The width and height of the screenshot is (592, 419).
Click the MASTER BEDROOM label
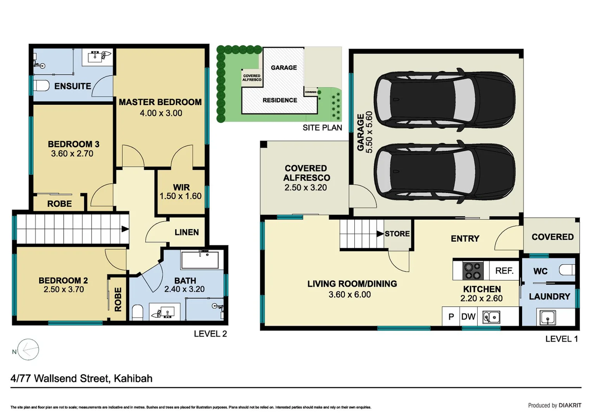coord(160,102)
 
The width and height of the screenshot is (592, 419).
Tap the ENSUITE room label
coord(72,86)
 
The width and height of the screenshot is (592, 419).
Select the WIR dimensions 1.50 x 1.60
coord(181,196)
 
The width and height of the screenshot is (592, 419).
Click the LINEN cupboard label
coord(186,232)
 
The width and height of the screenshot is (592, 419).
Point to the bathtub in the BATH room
coord(200,260)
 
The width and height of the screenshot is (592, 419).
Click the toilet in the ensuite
coord(41,86)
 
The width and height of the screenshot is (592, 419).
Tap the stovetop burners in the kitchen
coord(473,271)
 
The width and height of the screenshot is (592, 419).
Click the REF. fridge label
coord(504,270)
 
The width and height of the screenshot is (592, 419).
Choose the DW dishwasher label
coord(468,317)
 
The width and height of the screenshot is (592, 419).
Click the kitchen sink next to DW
coord(491,317)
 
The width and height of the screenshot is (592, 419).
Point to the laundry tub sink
coord(548,318)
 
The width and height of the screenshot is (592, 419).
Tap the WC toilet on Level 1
coord(567,270)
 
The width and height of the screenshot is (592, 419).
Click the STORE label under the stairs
coord(397,234)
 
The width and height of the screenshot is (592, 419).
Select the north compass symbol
coord(28,350)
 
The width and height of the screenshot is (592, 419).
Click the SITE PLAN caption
coord(322,128)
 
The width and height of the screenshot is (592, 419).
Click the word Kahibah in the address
coord(133,379)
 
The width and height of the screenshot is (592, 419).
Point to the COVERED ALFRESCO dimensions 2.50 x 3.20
coord(305,187)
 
